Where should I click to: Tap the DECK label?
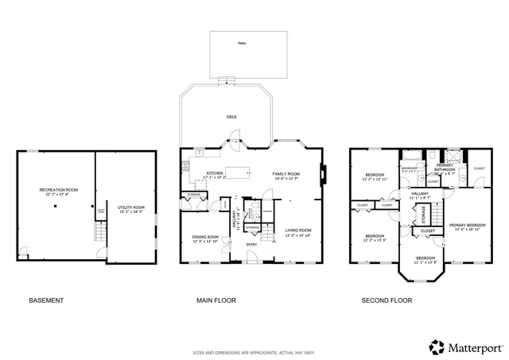click(x=231, y=117)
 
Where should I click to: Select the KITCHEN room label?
click(x=216, y=173)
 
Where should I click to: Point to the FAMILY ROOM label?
click(x=286, y=173)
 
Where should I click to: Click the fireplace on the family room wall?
click(x=323, y=173)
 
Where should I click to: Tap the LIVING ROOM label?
click(x=298, y=230)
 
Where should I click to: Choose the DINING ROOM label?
click(x=205, y=237)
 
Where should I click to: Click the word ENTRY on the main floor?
click(x=251, y=244)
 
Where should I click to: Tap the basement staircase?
click(x=100, y=231)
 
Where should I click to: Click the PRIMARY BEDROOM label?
click(x=465, y=226)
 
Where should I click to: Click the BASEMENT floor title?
click(x=46, y=300)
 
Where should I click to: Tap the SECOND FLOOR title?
click(x=387, y=300)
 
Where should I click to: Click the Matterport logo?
click(x=466, y=347)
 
